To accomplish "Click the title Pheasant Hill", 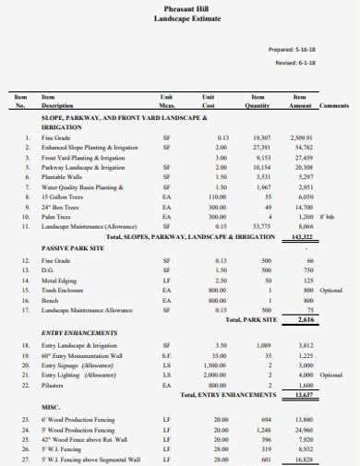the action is (179, 8).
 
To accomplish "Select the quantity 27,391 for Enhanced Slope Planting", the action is (260, 146).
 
